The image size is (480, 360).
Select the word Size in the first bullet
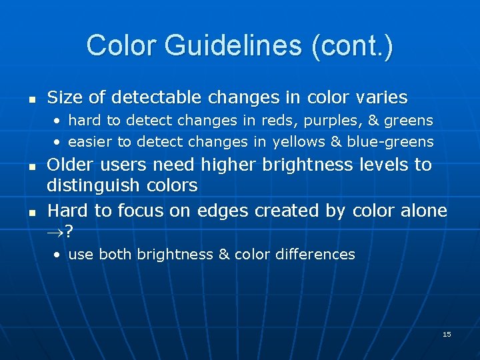(65, 97)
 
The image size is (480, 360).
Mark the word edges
(223, 211)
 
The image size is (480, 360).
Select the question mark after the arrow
(70, 231)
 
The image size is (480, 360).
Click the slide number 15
(447, 334)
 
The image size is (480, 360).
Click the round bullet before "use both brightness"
(58, 255)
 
